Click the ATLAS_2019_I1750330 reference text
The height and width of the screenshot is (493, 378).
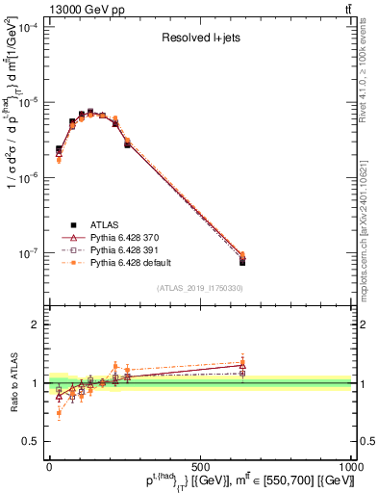pyautogui.click(x=200, y=288)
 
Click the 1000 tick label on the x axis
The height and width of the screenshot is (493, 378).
pyautogui.click(x=350, y=466)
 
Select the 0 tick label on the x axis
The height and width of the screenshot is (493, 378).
pyautogui.click(x=49, y=466)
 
